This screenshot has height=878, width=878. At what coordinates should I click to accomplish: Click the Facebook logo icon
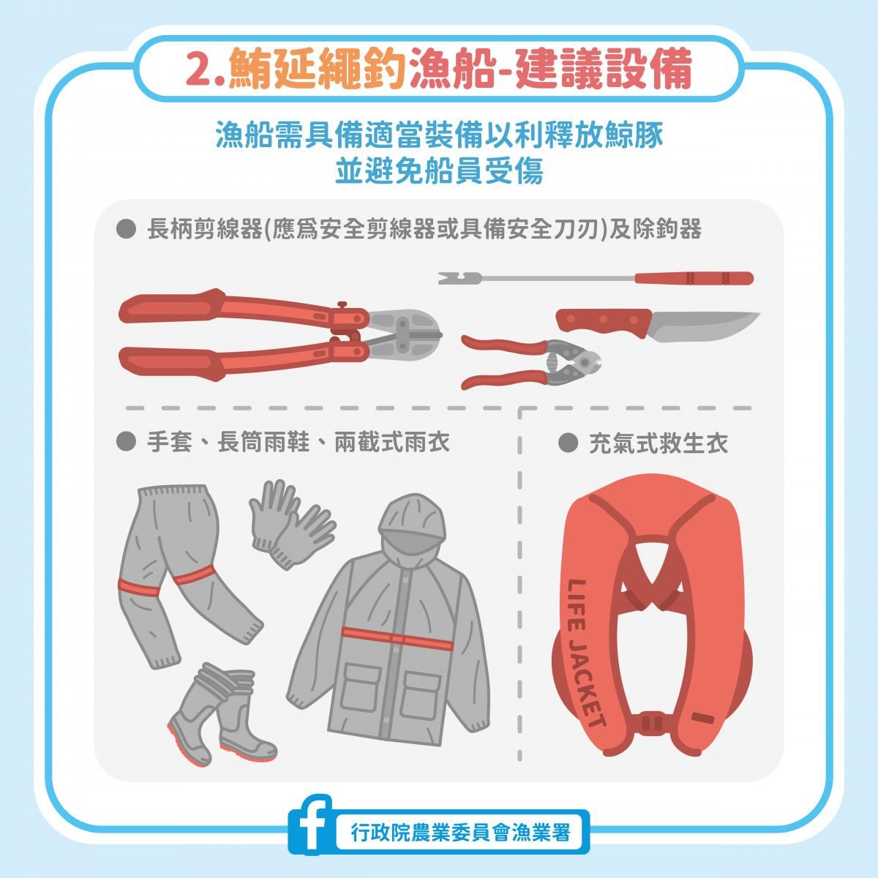309,818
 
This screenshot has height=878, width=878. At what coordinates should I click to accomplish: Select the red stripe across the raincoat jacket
397,638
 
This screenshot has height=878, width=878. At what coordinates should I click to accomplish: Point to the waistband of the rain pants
173,493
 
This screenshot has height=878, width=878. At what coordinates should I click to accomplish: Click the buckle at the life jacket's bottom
653,723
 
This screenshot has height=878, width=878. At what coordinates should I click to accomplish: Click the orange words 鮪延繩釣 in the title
317,70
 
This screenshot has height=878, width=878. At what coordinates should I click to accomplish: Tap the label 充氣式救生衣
658,443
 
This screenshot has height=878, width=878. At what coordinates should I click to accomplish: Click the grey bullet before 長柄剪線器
126,229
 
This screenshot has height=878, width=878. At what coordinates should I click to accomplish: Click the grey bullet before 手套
126,441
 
